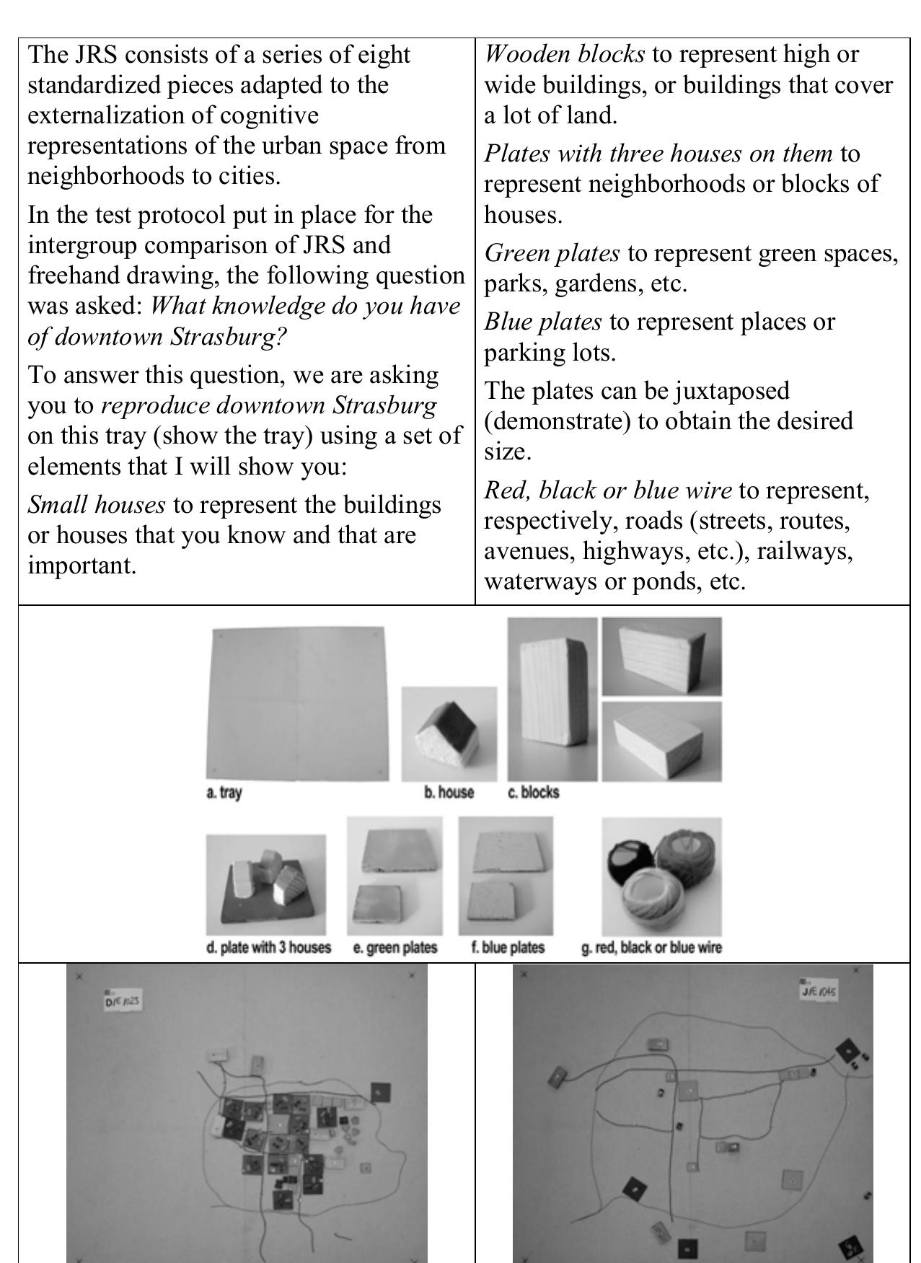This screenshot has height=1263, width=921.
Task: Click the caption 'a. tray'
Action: coord(224,792)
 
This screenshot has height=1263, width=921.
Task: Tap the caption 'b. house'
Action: coord(449,792)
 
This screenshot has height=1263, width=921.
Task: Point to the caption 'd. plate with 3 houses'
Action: coord(268,947)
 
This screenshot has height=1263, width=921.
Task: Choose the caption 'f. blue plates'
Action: coord(508,947)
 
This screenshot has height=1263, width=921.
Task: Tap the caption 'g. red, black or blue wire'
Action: coord(651,947)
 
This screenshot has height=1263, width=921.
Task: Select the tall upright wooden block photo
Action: coord(552,699)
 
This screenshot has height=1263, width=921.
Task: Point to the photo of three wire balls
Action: coord(661,875)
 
